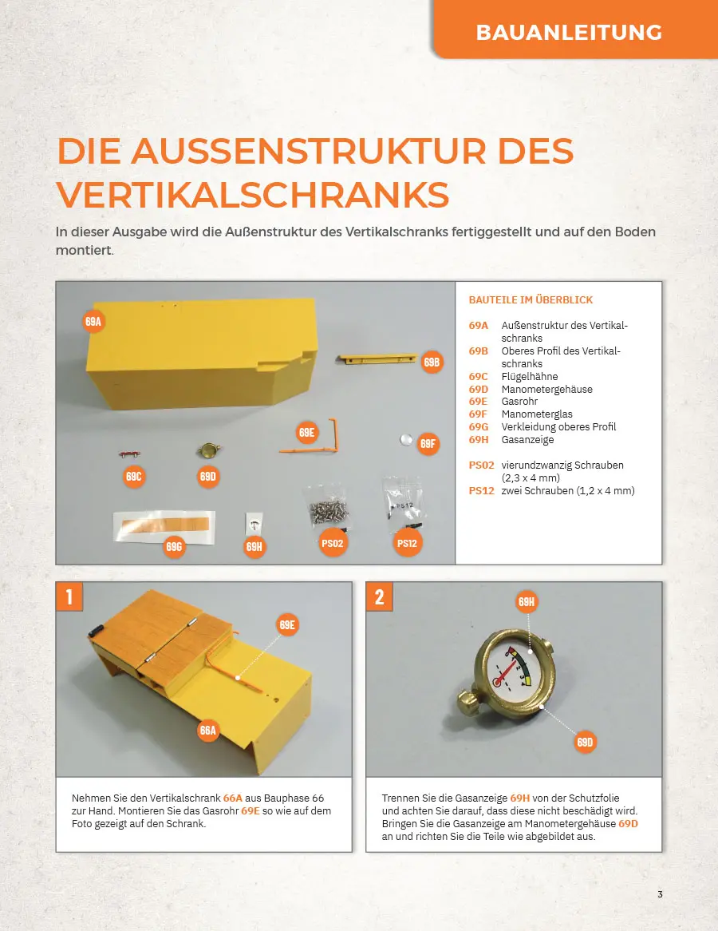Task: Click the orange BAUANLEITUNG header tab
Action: [x=575, y=30]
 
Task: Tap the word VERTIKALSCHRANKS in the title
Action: [x=253, y=194]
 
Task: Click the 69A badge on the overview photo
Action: [x=93, y=322]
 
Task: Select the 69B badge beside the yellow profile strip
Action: [x=432, y=362]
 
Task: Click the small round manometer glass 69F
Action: [x=406, y=439]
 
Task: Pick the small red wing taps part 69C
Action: [x=129, y=455]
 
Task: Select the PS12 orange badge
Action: [x=407, y=543]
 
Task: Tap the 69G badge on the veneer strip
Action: [x=174, y=546]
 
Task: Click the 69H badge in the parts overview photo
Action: [x=254, y=546]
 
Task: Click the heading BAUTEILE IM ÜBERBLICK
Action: [x=531, y=300]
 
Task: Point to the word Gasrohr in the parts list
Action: [x=519, y=402]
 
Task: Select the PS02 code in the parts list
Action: [x=481, y=465]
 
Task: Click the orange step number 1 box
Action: [x=69, y=596]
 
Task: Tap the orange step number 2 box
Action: [x=379, y=596]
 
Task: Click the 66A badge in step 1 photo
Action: [x=207, y=731]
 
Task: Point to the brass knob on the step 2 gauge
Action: [x=469, y=704]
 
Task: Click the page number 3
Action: [x=660, y=894]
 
